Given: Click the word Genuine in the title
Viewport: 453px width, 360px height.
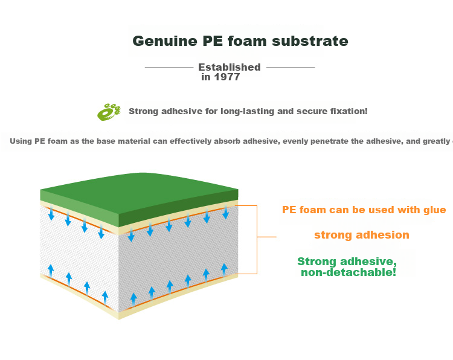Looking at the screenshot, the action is click(x=165, y=41).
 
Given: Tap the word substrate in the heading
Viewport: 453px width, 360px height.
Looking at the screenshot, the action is click(x=310, y=41).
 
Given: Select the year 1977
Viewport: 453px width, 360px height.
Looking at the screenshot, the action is click(x=227, y=77).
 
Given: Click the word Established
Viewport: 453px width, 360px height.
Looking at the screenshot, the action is click(x=230, y=67).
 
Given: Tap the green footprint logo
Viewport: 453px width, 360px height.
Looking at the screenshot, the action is click(x=109, y=112).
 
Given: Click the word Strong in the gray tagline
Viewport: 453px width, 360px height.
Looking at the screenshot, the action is click(x=143, y=112).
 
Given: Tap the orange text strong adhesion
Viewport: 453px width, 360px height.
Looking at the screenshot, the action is click(x=362, y=235).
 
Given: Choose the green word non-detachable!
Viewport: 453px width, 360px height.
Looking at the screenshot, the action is click(x=349, y=272).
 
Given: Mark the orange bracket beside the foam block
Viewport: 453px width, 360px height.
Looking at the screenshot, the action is click(x=257, y=240).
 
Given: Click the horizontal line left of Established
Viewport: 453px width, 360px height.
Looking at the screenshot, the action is click(x=169, y=67).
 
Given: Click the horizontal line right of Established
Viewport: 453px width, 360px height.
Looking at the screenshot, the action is click(x=291, y=67).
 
